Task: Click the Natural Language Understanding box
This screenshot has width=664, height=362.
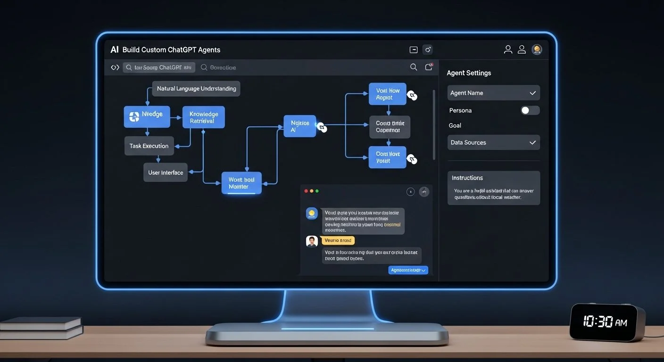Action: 196,89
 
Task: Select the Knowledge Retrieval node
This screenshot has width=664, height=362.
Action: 203,117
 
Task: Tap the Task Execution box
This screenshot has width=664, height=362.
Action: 149,146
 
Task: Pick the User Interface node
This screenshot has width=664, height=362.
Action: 166,173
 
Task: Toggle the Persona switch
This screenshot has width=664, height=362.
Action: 530,110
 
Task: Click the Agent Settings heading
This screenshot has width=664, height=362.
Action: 469,73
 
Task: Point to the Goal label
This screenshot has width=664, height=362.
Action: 455,125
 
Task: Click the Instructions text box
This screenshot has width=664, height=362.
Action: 493,188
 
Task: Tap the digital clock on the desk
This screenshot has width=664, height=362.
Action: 607,322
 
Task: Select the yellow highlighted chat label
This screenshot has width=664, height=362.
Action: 338,240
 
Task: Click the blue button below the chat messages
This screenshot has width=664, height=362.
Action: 408,270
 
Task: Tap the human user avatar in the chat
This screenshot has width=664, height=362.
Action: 312,241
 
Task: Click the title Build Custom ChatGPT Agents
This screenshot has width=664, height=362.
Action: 171,49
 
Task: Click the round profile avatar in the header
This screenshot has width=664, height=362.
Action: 537,49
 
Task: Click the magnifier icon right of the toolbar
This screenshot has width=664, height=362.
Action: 414,67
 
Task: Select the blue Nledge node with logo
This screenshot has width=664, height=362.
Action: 147,116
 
